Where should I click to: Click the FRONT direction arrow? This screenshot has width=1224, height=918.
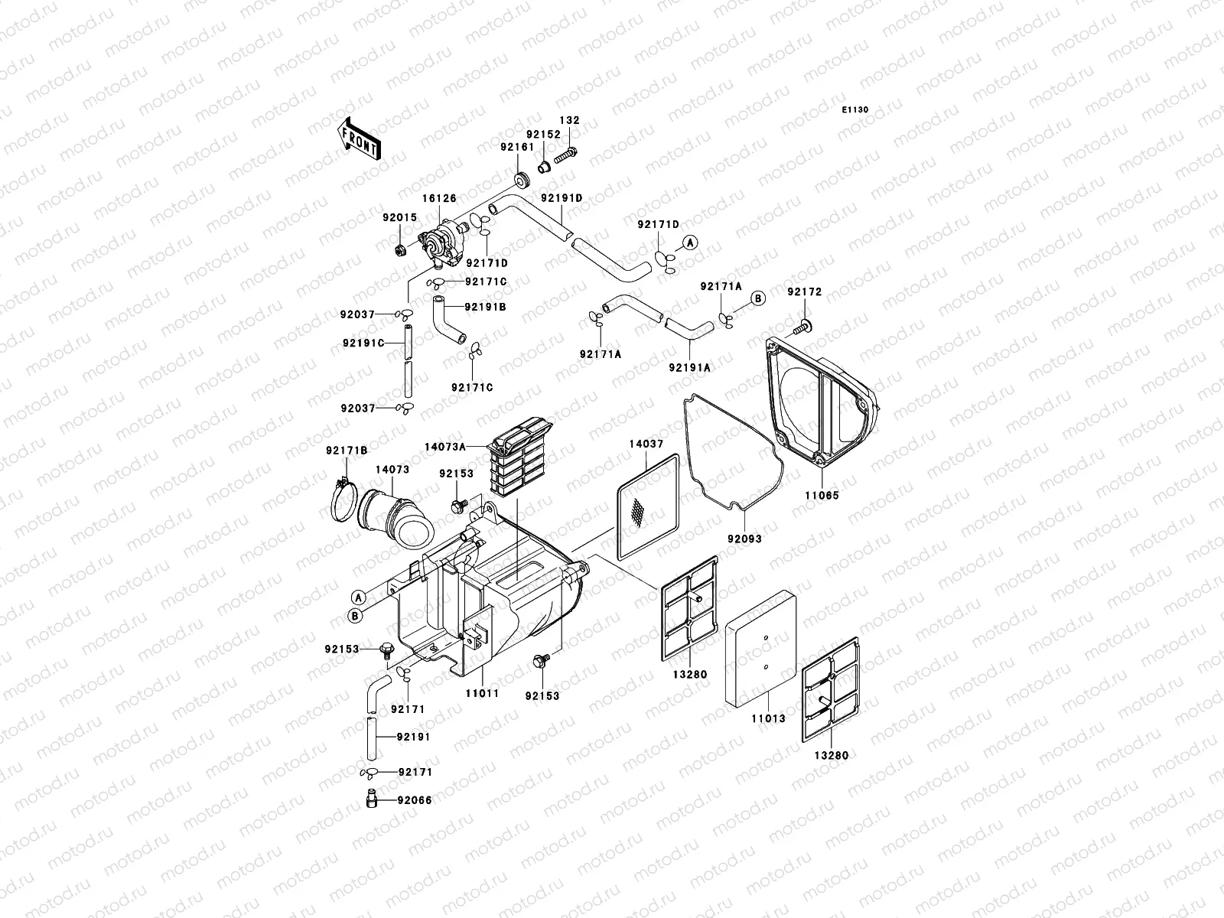pyautogui.click(x=359, y=138)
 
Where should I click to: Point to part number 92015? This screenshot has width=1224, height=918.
pyautogui.click(x=400, y=217)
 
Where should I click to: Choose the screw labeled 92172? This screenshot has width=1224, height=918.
pyautogui.click(x=802, y=327)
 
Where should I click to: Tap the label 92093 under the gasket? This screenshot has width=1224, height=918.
pyautogui.click(x=744, y=539)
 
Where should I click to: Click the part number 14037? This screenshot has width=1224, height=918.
pyautogui.click(x=646, y=444)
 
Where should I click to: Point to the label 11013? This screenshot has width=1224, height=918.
pyautogui.click(x=767, y=718)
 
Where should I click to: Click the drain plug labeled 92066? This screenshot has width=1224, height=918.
pyautogui.click(x=371, y=801)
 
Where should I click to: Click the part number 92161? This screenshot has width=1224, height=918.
pyautogui.click(x=516, y=146)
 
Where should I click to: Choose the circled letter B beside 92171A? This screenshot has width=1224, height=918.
pyautogui.click(x=756, y=299)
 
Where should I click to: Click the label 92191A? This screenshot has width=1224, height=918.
pyautogui.click(x=689, y=367)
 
